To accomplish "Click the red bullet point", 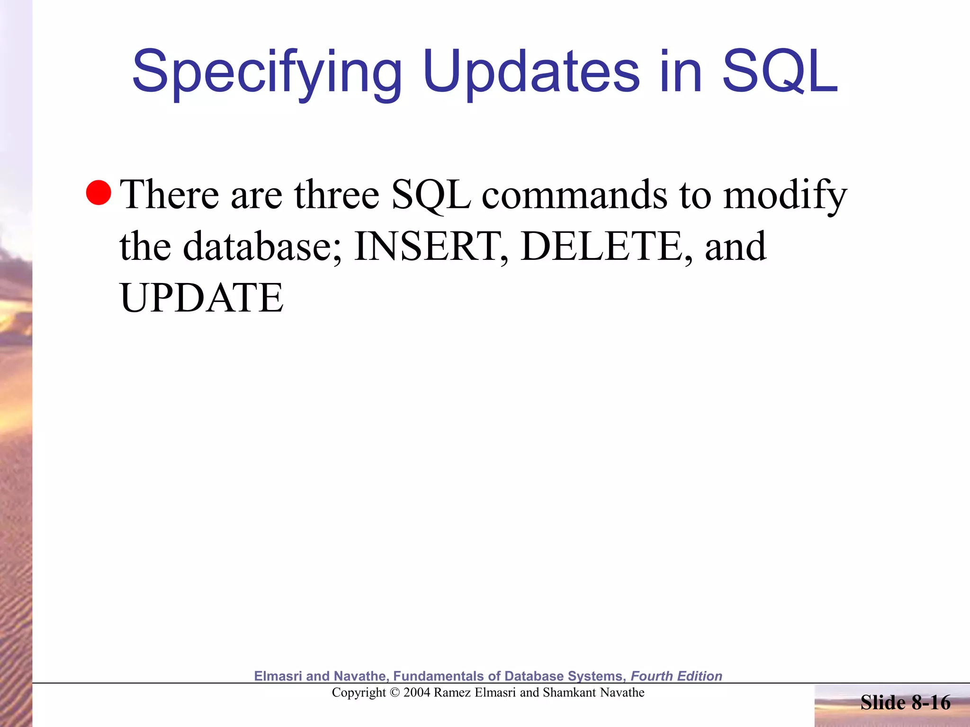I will (x=99, y=193).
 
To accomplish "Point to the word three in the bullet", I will (x=337, y=195).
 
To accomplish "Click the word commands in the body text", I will (x=575, y=195).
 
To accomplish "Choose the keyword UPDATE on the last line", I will (x=202, y=298).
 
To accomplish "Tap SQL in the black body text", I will (x=431, y=195).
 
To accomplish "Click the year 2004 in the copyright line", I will (x=417, y=692).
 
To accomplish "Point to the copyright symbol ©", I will (x=395, y=692).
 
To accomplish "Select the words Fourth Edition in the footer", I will (x=676, y=676).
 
